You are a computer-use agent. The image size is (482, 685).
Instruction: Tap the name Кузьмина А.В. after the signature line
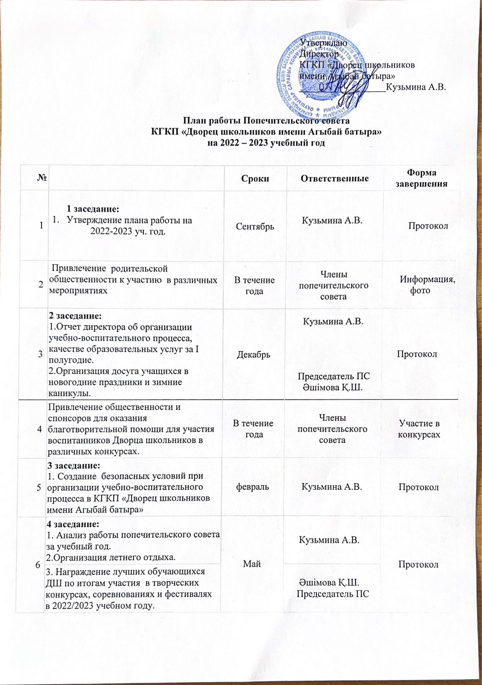(x=416, y=87)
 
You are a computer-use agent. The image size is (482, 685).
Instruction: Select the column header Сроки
(x=255, y=178)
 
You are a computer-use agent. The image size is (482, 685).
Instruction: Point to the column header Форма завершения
(x=421, y=178)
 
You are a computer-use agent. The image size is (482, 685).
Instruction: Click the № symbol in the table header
(x=42, y=179)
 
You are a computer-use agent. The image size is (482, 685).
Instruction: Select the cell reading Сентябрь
(x=255, y=226)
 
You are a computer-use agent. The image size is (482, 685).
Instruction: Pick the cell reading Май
(x=252, y=564)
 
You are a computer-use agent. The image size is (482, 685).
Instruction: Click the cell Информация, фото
(x=427, y=285)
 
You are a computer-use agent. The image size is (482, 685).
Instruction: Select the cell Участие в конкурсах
(x=419, y=429)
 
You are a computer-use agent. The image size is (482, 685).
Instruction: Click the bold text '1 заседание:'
(x=93, y=209)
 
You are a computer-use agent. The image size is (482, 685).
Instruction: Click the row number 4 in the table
(x=40, y=429)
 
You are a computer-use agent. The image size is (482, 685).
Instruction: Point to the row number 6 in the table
(x=38, y=565)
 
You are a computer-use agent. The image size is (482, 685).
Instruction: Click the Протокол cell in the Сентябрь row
(x=428, y=226)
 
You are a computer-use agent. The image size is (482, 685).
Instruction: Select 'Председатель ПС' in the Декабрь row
(x=334, y=376)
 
